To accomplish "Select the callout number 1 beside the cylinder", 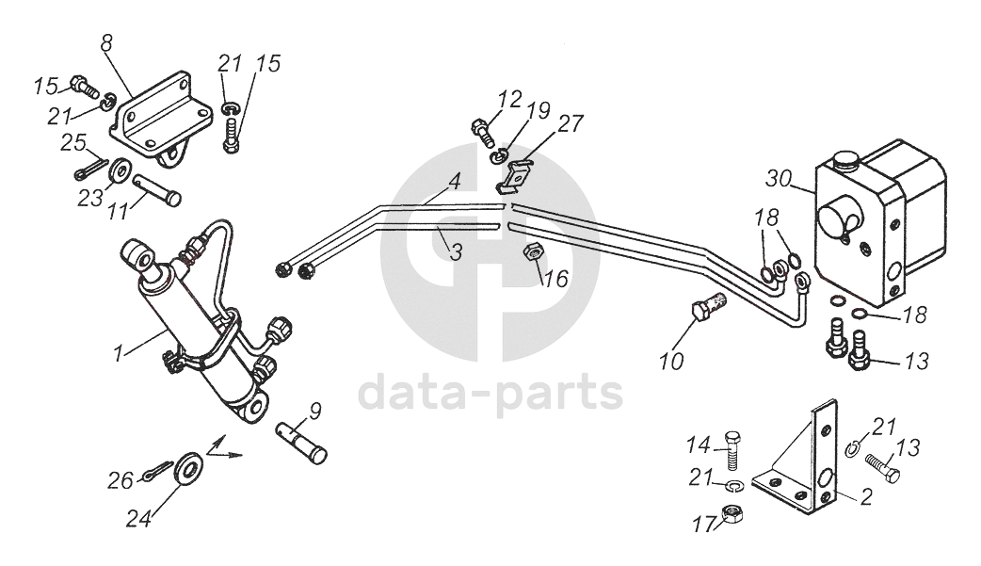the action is (x=119, y=355).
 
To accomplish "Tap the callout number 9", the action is (x=315, y=411).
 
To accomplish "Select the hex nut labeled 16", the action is (x=530, y=253).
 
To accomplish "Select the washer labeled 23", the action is (x=120, y=172).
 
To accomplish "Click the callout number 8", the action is (x=105, y=42).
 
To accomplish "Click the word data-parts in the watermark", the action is (x=490, y=393).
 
